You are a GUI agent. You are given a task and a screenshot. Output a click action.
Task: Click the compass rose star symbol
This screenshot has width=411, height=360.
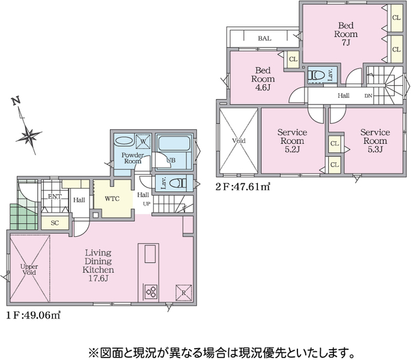(x=29, y=136)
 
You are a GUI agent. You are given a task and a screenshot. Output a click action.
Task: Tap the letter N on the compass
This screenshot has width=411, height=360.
(x=16, y=101)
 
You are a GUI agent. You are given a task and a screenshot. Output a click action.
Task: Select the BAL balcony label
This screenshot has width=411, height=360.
(x=264, y=38)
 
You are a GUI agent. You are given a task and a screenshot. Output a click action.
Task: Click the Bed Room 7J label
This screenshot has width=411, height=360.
(x=346, y=34)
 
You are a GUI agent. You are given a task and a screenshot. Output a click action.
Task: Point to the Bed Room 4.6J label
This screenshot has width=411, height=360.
(x=263, y=79)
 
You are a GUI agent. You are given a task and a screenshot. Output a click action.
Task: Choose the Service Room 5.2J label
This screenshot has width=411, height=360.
(x=292, y=141)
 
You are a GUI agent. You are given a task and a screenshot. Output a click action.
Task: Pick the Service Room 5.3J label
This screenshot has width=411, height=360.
(x=375, y=141)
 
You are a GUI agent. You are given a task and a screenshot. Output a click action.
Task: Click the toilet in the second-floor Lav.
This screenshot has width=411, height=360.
(x=317, y=75)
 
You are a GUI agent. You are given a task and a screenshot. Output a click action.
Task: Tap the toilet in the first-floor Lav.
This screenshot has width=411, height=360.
(x=178, y=183)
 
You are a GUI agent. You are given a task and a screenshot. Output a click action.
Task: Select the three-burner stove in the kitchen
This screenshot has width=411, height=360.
(x=151, y=292)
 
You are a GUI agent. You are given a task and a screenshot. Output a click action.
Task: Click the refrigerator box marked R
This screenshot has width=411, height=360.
(x=183, y=292)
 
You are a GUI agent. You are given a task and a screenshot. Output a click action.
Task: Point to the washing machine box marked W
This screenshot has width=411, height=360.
(x=143, y=142)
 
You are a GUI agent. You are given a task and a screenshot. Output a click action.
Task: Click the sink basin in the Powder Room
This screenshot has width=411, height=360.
(x=124, y=140)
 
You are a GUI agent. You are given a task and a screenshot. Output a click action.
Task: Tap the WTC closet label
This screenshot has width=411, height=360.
(x=112, y=199)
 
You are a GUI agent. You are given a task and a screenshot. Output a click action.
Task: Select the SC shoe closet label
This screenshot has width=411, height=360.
(x=55, y=223)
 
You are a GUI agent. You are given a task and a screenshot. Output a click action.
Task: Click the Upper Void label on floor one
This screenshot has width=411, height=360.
(x=29, y=269)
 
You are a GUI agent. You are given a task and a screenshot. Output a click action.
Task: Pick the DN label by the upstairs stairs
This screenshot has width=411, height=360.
(x=368, y=96)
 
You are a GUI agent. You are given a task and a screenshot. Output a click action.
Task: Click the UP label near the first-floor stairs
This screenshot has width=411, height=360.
(x=147, y=204)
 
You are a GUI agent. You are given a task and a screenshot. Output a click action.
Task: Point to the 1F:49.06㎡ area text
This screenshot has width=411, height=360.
(x=33, y=315)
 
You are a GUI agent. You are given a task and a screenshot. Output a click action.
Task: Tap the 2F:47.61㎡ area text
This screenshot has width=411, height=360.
(x=243, y=186)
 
